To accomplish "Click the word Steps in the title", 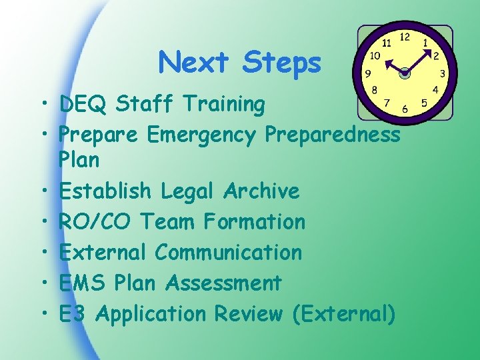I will click(x=282, y=63).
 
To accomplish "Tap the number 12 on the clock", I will click(x=405, y=37).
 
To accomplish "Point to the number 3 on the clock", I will click(x=443, y=73).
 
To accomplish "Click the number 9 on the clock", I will click(x=367, y=73).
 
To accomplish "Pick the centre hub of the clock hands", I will click(x=405, y=73).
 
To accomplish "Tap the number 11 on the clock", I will click(x=386, y=42).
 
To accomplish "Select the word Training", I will click(x=223, y=105).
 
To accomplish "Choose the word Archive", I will click(x=261, y=191).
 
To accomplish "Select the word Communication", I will click(x=228, y=253).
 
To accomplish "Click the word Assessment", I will click(x=223, y=283).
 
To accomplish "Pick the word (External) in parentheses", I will click(x=344, y=314).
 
